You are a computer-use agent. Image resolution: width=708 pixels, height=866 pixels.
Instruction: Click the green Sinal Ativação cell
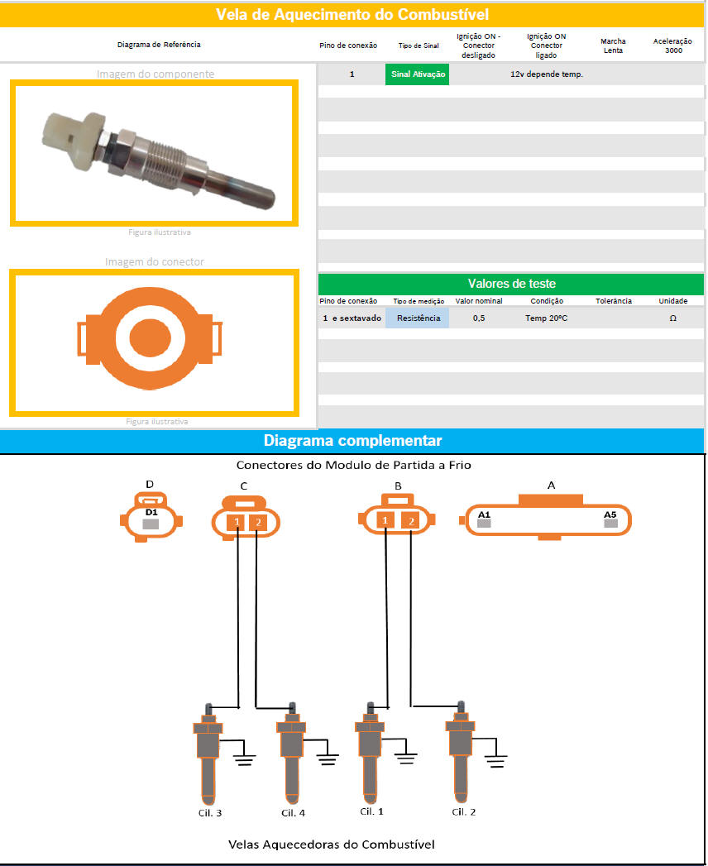[418, 74]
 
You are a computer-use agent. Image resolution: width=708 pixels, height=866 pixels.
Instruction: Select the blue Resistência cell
[418, 318]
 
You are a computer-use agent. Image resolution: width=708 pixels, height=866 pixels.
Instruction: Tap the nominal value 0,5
[479, 318]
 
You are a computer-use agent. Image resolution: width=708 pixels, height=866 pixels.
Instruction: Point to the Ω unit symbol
[672, 318]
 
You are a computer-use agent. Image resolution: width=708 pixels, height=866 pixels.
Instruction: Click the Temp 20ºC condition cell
[546, 318]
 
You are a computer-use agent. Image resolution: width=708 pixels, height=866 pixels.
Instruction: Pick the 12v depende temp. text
[546, 74]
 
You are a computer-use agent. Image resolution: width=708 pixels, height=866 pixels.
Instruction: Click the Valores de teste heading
[511, 284]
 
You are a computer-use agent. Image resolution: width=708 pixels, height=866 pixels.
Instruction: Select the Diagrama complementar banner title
[352, 440]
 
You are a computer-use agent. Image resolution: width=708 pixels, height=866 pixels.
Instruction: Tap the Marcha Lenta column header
[613, 45]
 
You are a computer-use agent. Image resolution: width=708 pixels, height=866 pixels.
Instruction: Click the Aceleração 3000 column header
[672, 45]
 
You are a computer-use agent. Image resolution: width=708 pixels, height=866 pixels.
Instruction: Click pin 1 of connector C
[237, 522]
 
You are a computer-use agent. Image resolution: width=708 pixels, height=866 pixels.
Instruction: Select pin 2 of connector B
[410, 521]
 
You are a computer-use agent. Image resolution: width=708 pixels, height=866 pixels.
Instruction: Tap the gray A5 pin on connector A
[610, 523]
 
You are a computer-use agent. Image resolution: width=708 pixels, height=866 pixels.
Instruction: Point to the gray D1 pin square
[151, 524]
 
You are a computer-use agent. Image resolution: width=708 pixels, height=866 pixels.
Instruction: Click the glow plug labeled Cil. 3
[208, 754]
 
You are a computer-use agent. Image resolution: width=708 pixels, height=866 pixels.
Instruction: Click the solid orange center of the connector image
[151, 337]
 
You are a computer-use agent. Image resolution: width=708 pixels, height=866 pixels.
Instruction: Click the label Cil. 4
[294, 813]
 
